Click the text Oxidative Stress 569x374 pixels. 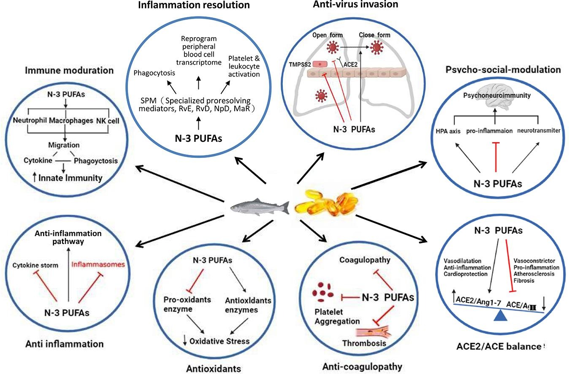click(x=219, y=341)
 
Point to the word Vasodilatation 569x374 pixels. click(x=463, y=261)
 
